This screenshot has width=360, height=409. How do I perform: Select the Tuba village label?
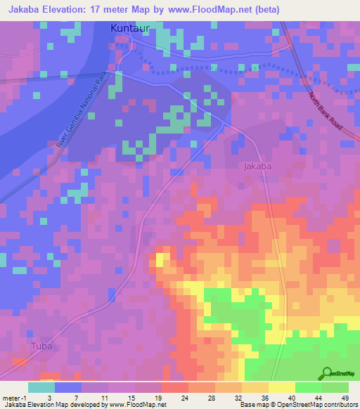[x=41, y=346]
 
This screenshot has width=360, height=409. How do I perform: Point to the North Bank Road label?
[x=325, y=112]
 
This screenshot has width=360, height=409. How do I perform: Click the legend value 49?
[x=345, y=397]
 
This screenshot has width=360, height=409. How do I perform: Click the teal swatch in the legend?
[x=41, y=387]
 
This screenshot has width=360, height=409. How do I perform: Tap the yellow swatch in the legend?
[x=281, y=387]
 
